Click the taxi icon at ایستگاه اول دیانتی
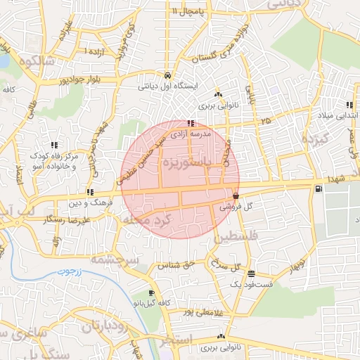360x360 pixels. pyautogui.click(x=167, y=75)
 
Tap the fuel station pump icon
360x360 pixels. pyautogui.click(x=320, y=188)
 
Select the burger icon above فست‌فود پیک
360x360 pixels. pyautogui.click(x=252, y=274)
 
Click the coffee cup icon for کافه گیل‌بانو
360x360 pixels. pyautogui.click(x=151, y=293)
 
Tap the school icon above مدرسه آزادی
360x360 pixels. pyautogui.click(x=191, y=124)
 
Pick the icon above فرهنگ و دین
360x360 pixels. pyautogui.click(x=90, y=192)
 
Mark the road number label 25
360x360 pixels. pyautogui.click(x=264, y=122)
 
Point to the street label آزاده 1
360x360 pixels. pyautogui.click(x=97, y=51)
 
